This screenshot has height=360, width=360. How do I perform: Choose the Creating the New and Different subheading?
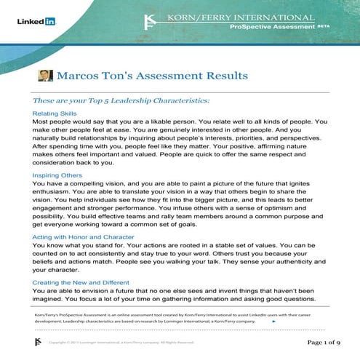pos(90,281)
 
